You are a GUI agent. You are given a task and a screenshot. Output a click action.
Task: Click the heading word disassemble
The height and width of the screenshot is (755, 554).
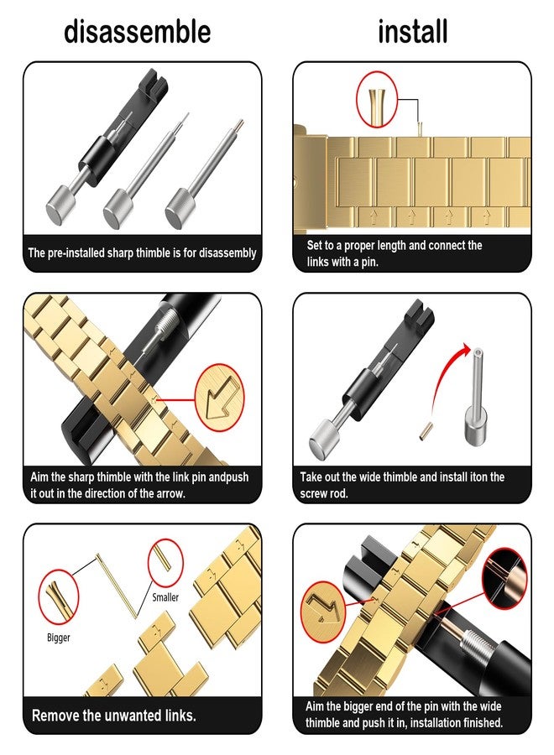tap(138, 32)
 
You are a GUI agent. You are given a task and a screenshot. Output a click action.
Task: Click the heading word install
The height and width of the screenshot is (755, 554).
tap(413, 32)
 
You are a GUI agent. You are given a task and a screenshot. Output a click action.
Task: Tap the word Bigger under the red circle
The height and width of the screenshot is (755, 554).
tap(58, 638)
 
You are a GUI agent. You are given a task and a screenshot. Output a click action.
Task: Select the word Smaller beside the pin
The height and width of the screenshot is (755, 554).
tap(165, 597)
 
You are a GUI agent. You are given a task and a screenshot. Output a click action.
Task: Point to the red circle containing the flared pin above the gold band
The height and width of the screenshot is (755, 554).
tap(376, 99)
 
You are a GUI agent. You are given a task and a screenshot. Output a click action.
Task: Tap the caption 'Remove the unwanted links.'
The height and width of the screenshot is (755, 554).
tap(113, 716)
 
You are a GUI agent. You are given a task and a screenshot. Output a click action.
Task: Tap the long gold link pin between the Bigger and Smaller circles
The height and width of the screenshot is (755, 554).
tap(117, 586)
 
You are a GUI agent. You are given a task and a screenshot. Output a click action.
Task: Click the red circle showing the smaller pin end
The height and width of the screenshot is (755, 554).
tap(165, 564)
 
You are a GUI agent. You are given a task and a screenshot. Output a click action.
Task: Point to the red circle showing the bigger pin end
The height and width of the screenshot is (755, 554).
tap(58, 597)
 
